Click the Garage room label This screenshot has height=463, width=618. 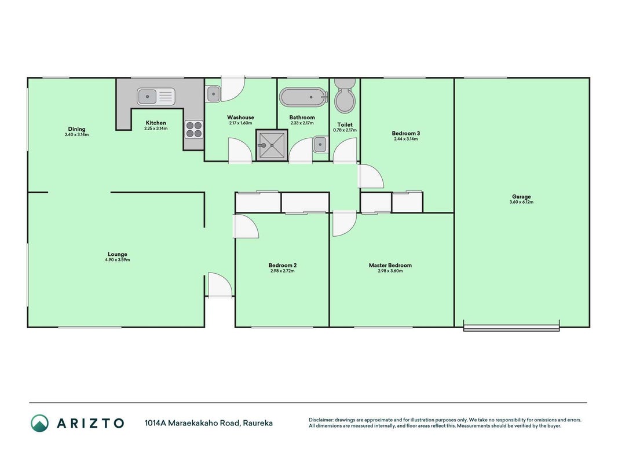click(521, 196)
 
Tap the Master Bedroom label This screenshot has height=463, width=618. click(390, 266)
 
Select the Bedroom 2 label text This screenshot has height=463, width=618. click(282, 266)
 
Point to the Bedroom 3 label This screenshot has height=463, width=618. click(405, 133)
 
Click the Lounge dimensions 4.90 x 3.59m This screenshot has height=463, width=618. click(118, 260)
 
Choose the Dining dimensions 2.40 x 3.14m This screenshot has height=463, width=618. click(76, 135)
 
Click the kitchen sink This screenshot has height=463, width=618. click(156, 97)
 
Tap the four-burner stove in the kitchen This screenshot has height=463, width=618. click(194, 130)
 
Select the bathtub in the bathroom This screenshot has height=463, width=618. click(303, 97)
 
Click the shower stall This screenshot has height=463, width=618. click(272, 145)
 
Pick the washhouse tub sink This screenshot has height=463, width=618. click(213, 94)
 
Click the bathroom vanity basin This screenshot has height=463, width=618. click(320, 145)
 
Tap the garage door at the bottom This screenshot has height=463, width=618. click(511, 328)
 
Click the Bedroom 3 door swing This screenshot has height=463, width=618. click(371, 177)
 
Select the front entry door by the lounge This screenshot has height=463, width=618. click(220, 285)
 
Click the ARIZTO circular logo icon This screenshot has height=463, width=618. click(40, 423)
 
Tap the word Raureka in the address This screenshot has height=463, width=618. click(258, 423)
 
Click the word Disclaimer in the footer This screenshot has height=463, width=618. click(321, 420)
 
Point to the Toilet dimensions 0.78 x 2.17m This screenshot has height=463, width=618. click(345, 130)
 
